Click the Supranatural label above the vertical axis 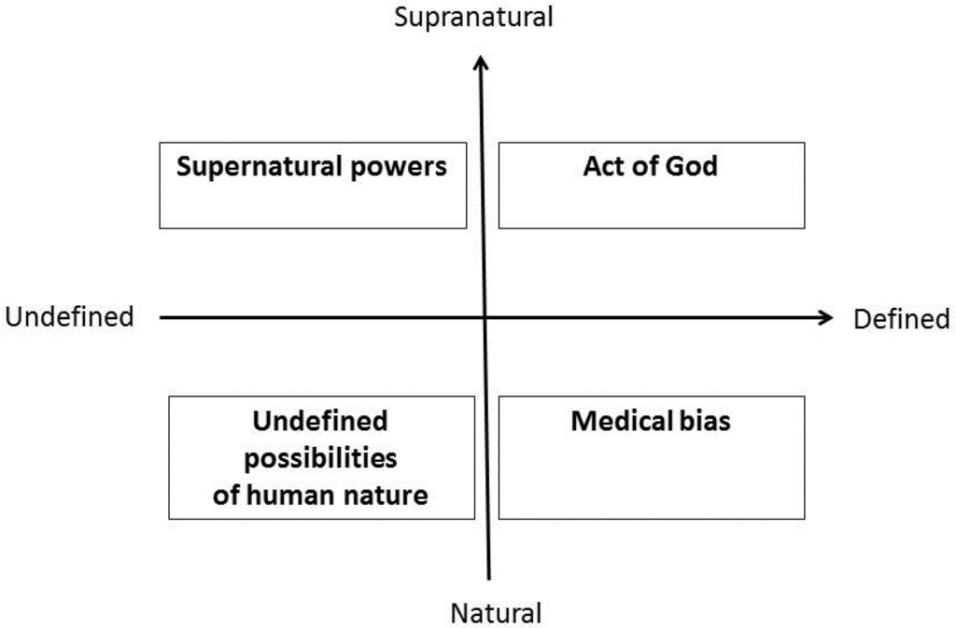point(473,17)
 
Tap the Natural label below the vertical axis point(496,613)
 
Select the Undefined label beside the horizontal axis point(69,317)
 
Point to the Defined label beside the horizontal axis point(901,319)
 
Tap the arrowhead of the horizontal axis point(824,317)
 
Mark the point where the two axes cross point(485,317)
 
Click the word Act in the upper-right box point(604,167)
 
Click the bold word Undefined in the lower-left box point(320,422)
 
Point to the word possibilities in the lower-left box point(320,459)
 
